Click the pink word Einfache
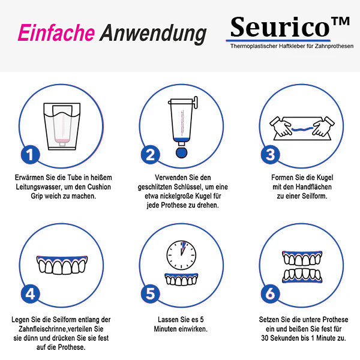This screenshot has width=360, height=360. coord(56,33)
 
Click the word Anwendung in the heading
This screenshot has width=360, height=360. coord(153,33)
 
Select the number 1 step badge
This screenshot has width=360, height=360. coord(31,155)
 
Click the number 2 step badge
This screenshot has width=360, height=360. coord(151,155)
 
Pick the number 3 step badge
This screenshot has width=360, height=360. coord(271,155)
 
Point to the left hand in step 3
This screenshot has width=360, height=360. coord(279,125)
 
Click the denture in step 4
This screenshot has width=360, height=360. coord(61,265)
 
